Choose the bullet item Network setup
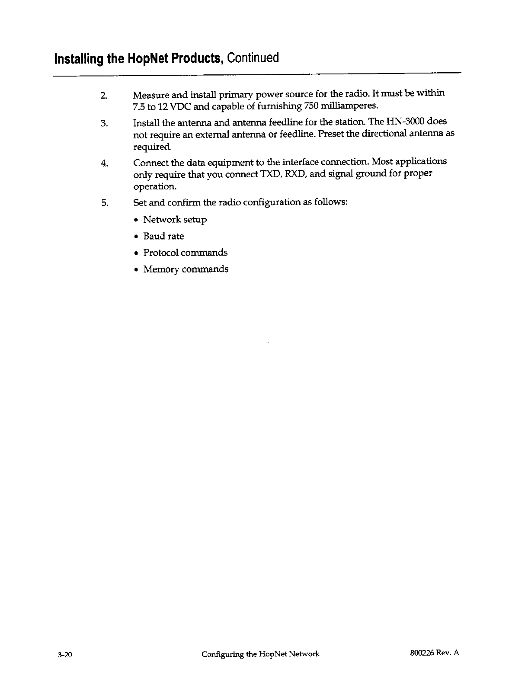pos(175,220)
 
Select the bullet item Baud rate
pos(163,236)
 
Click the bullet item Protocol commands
pos(185,253)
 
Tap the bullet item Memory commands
pos(186,269)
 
